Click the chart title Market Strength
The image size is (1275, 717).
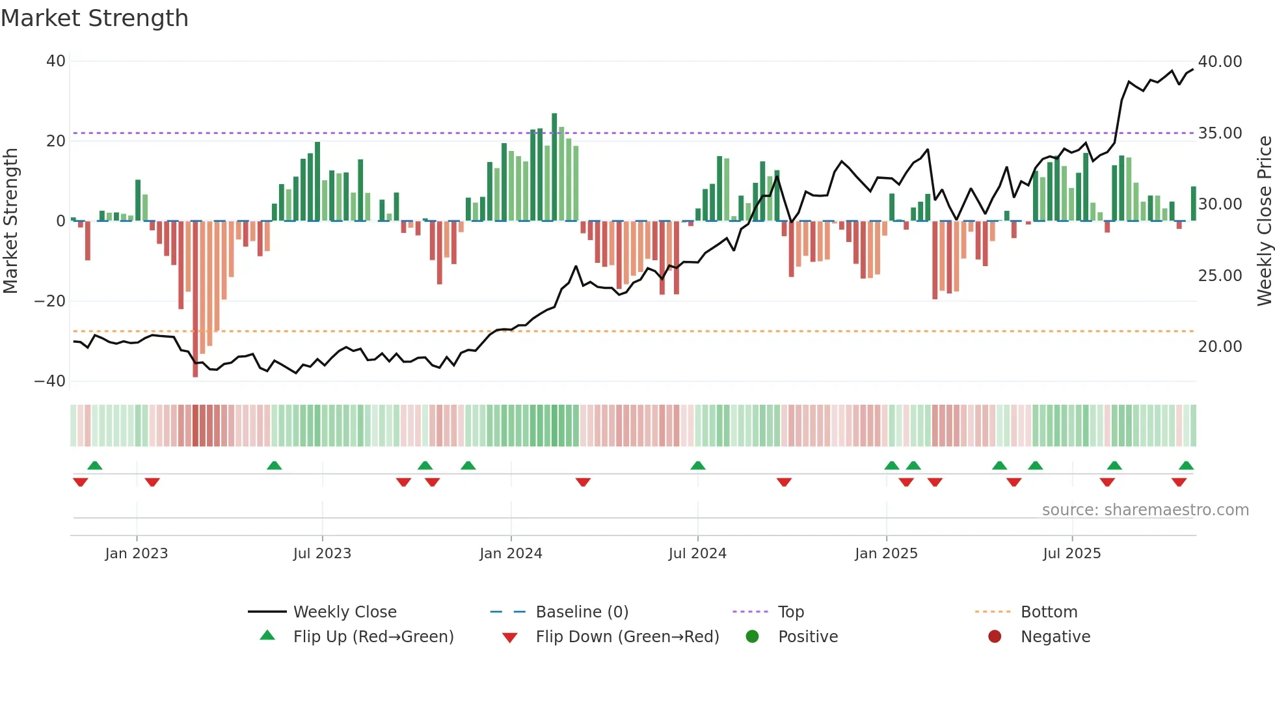94,18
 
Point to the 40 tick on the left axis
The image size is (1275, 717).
56,61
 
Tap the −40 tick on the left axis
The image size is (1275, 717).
50,381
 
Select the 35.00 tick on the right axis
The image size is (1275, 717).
1220,133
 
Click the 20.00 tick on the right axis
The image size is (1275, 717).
1220,347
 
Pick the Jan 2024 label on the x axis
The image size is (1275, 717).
511,554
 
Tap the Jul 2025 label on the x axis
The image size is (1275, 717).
1071,554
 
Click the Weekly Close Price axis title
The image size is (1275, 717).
1264,221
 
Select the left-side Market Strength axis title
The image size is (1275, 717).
11,221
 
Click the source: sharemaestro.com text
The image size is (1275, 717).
1145,510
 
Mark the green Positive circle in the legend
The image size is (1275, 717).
753,637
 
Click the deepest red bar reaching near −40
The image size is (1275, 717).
195,299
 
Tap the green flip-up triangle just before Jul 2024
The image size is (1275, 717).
698,466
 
